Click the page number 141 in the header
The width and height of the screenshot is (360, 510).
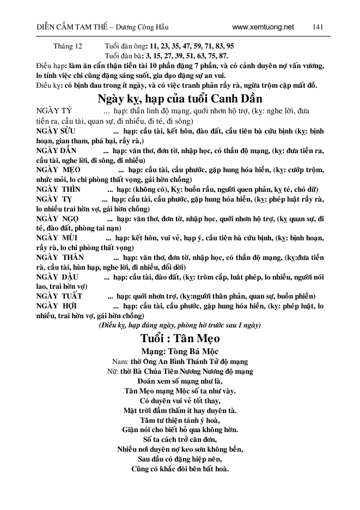(319, 27)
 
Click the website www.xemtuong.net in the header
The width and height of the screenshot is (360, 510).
(263, 27)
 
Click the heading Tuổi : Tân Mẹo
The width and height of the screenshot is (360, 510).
(180, 337)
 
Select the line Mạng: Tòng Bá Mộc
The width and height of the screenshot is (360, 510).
(179, 351)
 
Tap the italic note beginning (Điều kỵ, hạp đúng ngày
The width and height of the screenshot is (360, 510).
(179, 325)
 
